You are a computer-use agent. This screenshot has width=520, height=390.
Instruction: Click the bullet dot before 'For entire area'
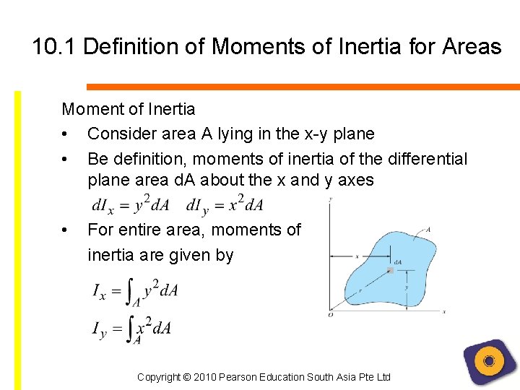[x=66, y=230]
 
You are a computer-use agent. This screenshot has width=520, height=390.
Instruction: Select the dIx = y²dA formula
[x=131, y=205]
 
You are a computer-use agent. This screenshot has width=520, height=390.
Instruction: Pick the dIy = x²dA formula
[x=225, y=205]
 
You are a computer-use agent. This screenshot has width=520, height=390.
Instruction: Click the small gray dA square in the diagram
[x=391, y=270]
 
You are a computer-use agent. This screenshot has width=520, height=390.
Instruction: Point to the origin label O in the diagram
[x=331, y=314]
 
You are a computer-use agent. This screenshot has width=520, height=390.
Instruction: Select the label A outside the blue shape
[x=428, y=229]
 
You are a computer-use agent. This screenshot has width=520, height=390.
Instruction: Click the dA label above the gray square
[x=397, y=261]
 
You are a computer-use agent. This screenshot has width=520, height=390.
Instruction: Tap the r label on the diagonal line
[x=360, y=290]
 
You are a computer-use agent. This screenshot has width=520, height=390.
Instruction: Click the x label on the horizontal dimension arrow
[x=357, y=256]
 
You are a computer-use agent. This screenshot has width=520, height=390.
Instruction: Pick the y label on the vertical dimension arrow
[x=407, y=287]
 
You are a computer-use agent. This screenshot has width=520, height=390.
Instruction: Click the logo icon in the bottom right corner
[x=490, y=361]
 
